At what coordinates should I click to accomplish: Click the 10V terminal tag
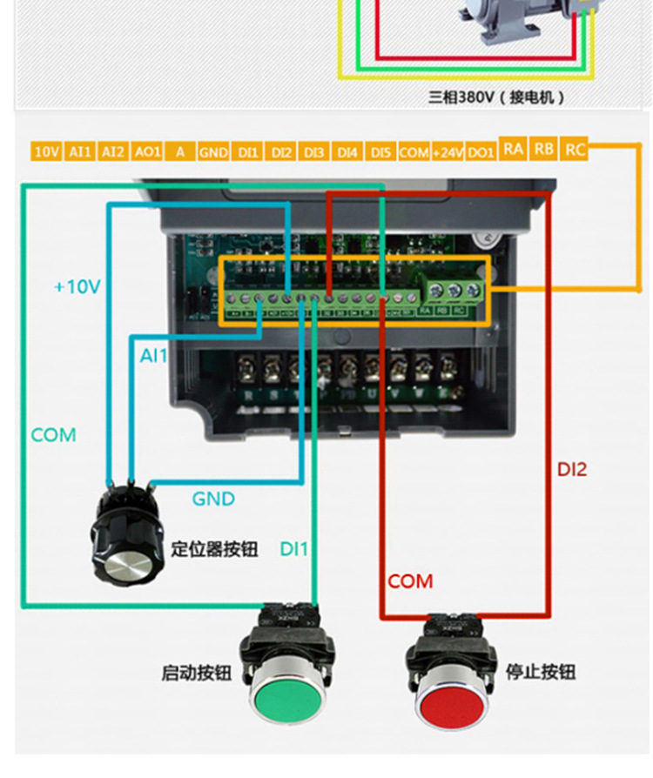[46, 151]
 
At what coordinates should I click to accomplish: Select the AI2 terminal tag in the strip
[112, 151]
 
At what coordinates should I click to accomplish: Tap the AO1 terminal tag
[147, 151]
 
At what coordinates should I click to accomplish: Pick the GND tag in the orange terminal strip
[213, 152]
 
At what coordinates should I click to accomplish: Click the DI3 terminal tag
[313, 152]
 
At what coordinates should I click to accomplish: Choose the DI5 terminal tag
[380, 152]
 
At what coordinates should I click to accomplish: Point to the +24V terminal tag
[448, 152]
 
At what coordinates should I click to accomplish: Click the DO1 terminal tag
[481, 152]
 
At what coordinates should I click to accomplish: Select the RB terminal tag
[544, 149]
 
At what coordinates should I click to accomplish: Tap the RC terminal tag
[575, 149]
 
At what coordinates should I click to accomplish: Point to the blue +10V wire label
[77, 286]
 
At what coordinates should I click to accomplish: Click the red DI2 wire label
[572, 470]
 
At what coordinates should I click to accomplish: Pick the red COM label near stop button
[410, 581]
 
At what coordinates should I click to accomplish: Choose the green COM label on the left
[54, 434]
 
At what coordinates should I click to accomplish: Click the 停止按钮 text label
[541, 672]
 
